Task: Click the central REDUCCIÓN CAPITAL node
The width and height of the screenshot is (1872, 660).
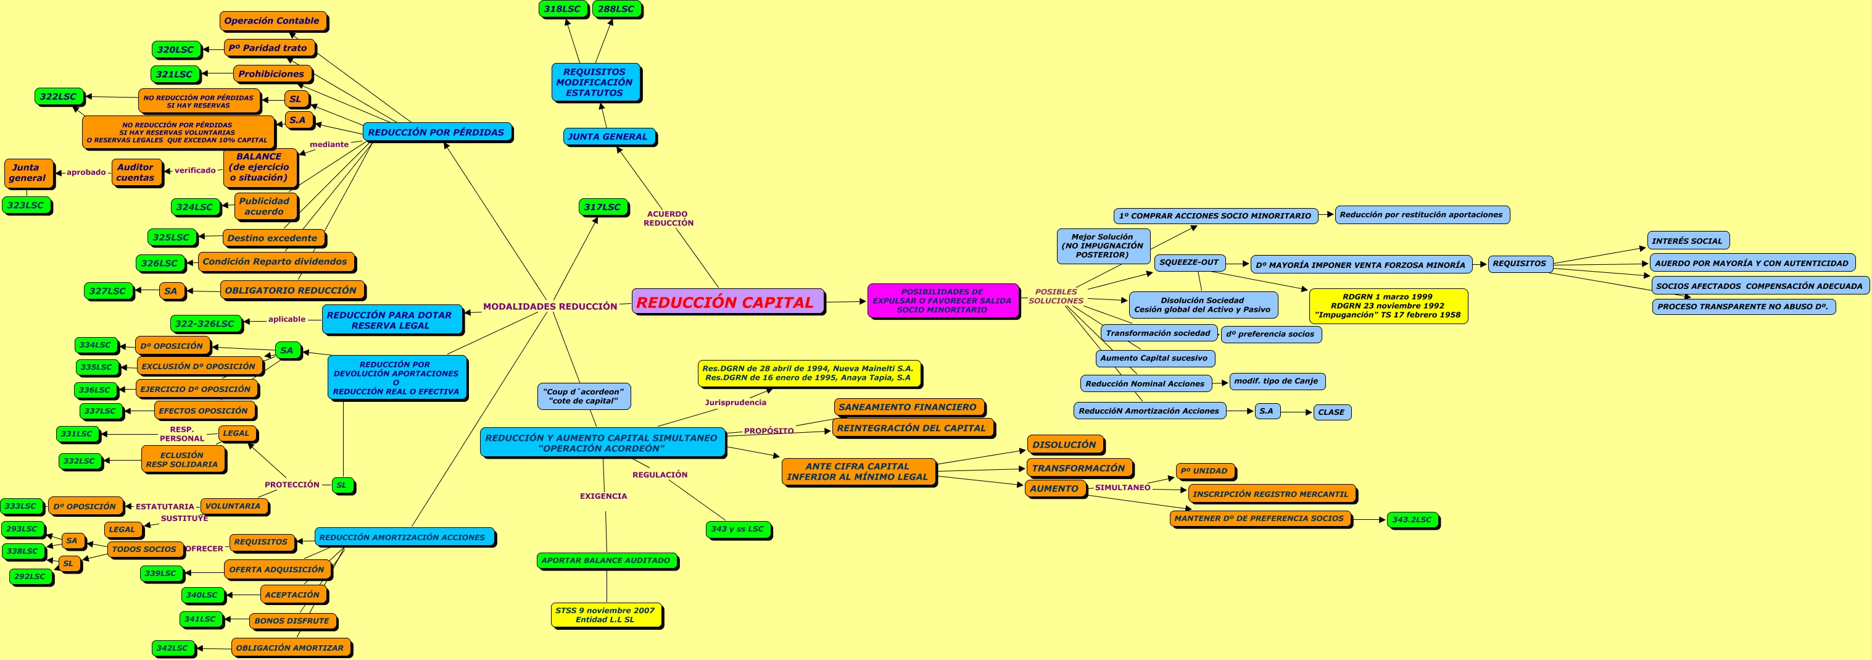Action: point(727,302)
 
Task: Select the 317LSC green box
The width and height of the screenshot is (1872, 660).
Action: point(602,207)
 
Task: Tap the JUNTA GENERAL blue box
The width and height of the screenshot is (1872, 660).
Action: point(608,136)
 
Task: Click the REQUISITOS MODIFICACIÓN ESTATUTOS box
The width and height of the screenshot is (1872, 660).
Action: point(595,82)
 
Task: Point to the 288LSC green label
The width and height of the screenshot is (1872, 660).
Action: point(616,9)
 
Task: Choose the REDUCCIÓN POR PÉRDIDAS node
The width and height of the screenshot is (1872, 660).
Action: point(436,132)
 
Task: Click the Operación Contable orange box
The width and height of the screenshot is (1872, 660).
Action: point(271,21)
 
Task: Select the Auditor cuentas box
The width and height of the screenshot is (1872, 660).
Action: point(136,172)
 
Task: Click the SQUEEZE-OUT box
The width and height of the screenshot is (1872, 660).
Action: point(1189,262)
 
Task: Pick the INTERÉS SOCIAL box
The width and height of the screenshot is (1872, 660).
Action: point(1687,241)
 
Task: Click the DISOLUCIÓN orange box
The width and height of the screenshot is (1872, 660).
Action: point(1064,445)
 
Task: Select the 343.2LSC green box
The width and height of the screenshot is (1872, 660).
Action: point(1412,520)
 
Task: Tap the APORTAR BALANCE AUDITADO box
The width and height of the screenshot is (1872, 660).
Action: point(606,561)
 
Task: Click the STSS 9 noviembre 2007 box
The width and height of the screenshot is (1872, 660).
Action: point(605,615)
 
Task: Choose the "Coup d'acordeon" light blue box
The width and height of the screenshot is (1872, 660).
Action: point(584,396)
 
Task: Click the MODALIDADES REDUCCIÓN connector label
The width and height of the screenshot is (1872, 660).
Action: point(550,307)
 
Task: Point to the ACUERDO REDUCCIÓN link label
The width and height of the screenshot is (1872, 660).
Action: point(668,219)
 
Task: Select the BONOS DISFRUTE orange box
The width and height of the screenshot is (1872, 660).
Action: point(292,620)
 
